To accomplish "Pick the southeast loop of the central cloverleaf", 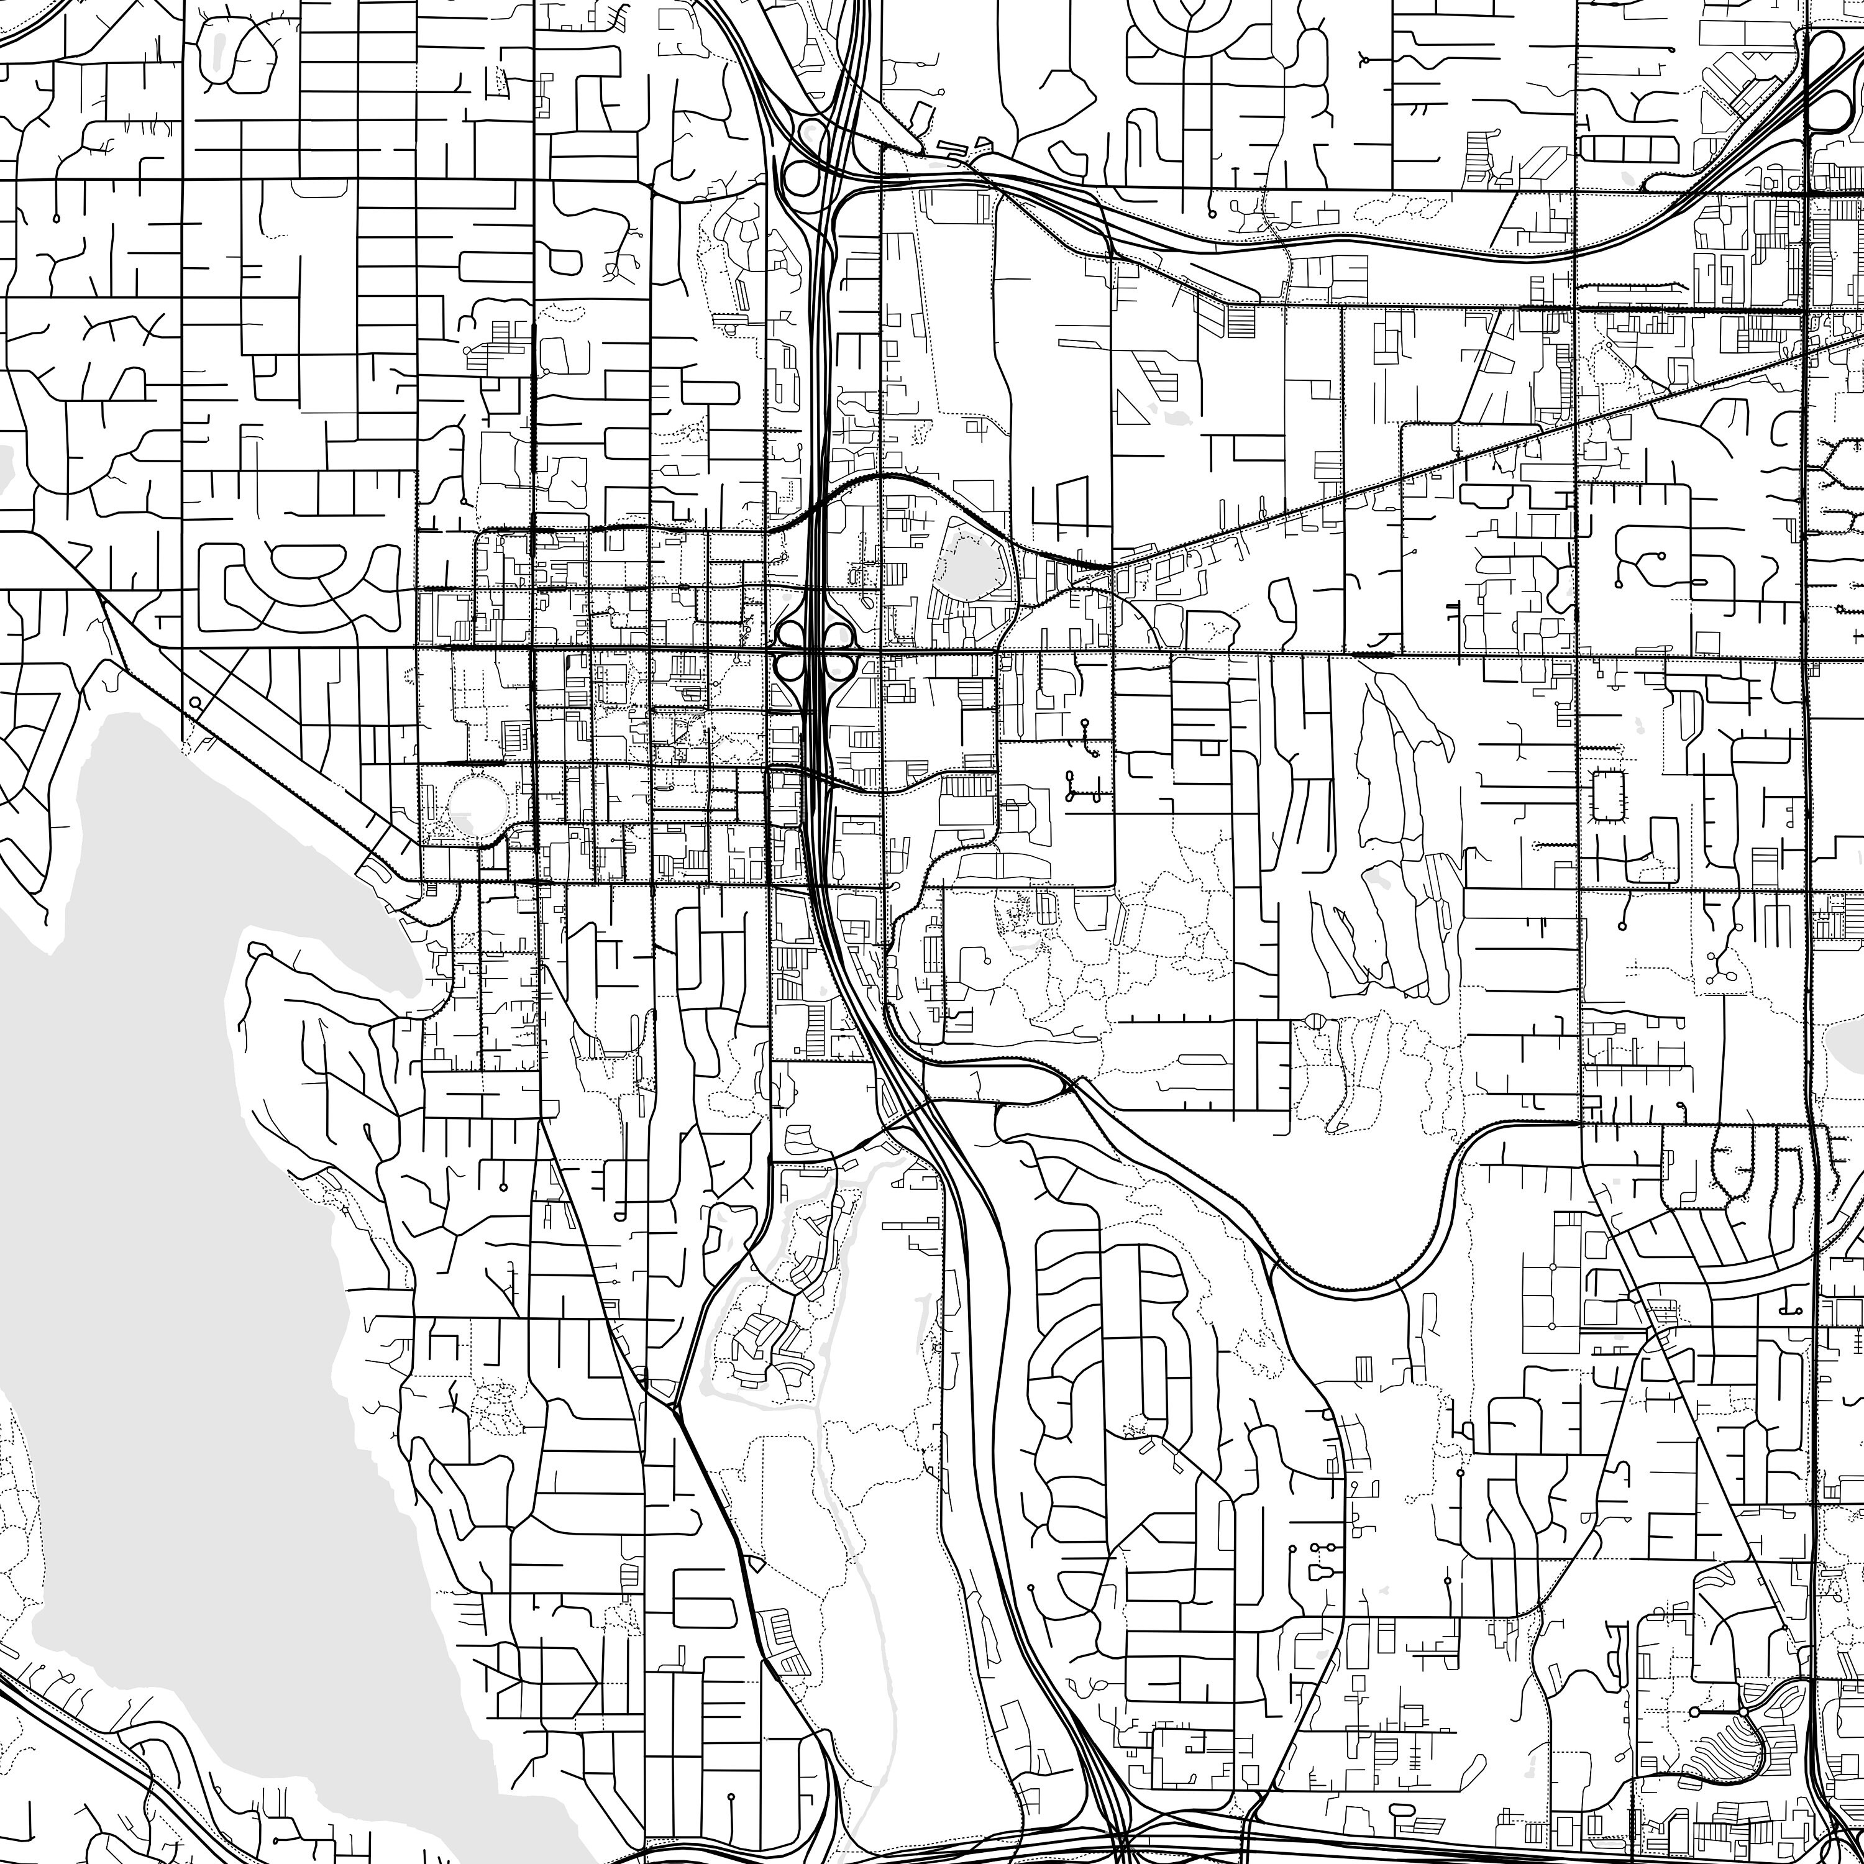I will (840, 665).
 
